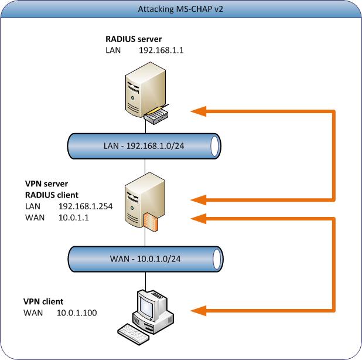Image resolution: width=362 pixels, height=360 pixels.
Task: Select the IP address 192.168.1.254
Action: click(83, 206)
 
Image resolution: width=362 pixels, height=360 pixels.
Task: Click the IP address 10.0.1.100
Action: click(77, 313)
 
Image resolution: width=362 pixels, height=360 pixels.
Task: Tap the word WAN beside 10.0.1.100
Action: click(33, 313)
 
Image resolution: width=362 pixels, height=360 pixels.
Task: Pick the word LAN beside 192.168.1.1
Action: click(114, 50)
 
